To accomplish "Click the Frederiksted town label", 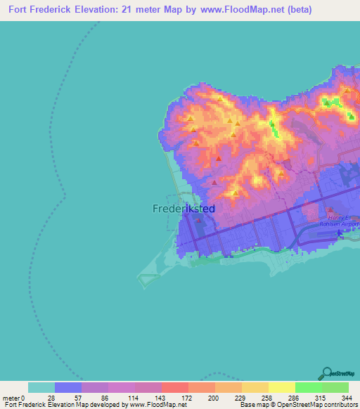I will pyautogui.click(x=184, y=209).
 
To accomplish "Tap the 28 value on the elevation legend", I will pyautogui.click(x=51, y=398).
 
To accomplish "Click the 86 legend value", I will pyautogui.click(x=105, y=398).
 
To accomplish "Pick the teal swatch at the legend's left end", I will pyautogui.click(x=41, y=387).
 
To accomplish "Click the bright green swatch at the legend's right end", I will pyautogui.click(x=335, y=387).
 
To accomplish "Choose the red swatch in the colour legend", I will pyautogui.click(x=175, y=387).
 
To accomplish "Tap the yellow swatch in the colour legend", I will pyautogui.click(x=282, y=387).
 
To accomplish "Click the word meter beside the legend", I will pyautogui.click(x=11, y=398).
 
